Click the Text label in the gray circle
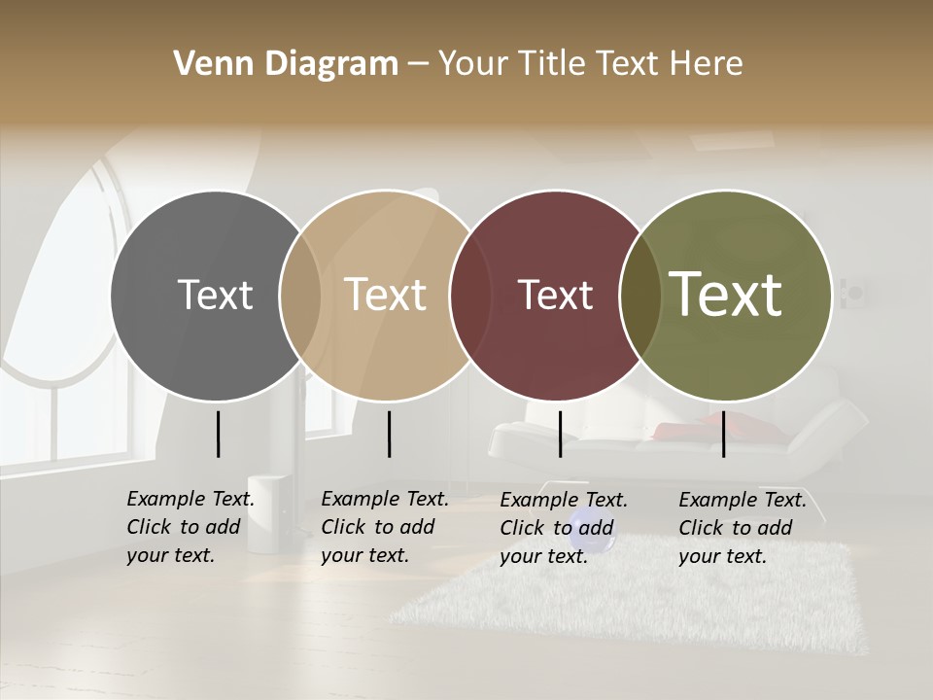coord(215,295)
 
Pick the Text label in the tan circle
coord(386,295)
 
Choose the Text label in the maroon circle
coord(555,295)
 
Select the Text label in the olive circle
coord(726,295)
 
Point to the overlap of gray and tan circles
coord(299,295)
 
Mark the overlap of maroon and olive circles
coord(639,295)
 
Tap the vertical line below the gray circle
coord(218,434)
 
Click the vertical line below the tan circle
coord(389,434)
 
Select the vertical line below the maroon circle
coord(560,434)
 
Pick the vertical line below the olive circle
coord(723,434)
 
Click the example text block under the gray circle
coord(190,527)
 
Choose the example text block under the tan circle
coord(384,527)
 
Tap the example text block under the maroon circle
coord(563,528)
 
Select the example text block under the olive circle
coord(742,528)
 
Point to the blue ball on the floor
coord(586,521)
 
